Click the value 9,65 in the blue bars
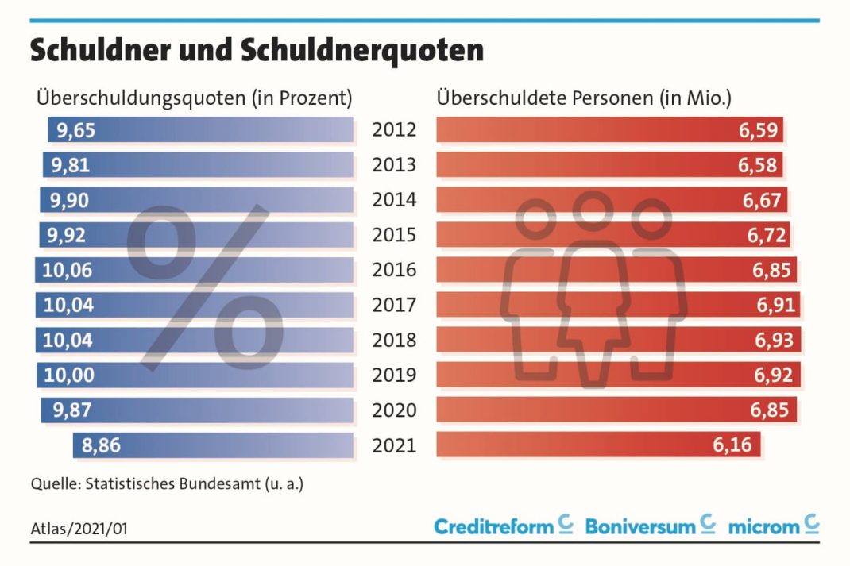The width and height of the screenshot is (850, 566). click(73, 130)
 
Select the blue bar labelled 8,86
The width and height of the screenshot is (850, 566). click(213, 445)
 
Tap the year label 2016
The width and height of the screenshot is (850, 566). click(394, 270)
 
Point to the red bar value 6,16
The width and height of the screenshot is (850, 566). click(732, 445)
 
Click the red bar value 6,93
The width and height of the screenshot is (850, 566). click(771, 340)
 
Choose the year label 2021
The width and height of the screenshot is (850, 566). click(394, 445)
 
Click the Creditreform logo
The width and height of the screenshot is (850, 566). click(503, 526)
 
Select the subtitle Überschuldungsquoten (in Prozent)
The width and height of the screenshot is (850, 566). click(194, 98)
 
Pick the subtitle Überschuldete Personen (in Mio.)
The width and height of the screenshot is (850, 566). click(584, 98)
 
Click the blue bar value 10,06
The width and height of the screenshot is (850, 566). click(68, 270)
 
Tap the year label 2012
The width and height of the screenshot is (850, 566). click(394, 130)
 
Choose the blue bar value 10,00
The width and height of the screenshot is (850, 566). click(68, 375)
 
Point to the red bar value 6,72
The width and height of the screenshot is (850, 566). click(764, 235)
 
